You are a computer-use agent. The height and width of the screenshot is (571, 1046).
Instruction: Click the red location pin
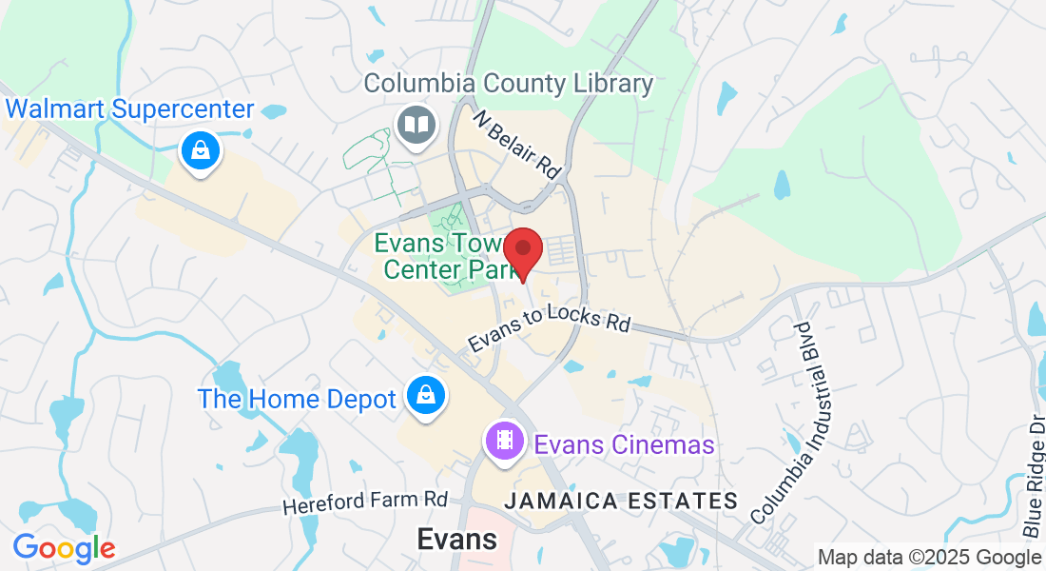click(523, 250)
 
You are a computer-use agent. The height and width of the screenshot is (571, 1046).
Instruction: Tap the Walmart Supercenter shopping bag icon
click(201, 150)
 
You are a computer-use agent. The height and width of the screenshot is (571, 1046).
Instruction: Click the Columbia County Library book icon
click(415, 124)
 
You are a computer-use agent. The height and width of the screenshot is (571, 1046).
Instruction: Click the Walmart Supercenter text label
click(128, 108)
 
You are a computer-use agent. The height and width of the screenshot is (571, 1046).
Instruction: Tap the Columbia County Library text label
click(509, 84)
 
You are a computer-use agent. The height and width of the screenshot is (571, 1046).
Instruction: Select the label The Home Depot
click(296, 399)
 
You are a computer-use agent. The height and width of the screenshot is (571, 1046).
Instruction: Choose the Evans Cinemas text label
click(624, 444)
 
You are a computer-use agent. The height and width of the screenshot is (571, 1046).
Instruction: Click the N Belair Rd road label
click(517, 142)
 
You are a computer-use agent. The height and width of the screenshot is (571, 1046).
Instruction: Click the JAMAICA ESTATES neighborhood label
click(621, 501)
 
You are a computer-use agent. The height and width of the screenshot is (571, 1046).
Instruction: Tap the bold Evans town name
click(457, 540)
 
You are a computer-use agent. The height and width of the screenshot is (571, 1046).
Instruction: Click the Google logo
click(64, 548)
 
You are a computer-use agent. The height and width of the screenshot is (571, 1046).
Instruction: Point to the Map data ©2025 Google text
click(929, 557)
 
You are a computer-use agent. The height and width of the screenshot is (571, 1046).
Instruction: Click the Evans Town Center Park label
click(444, 257)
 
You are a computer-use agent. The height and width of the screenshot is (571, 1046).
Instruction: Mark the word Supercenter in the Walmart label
click(182, 108)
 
